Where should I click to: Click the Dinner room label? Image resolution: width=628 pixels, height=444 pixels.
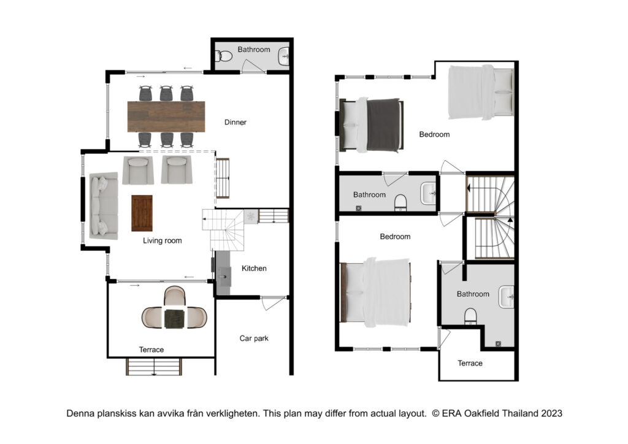tap(235, 122)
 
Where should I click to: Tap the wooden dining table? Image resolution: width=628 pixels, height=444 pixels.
tap(166, 117)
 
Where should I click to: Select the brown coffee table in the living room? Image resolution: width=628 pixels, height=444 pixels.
tap(142, 213)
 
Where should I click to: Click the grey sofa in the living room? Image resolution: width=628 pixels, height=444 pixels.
tap(104, 206)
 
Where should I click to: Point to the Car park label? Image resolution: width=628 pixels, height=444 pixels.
tap(254, 339)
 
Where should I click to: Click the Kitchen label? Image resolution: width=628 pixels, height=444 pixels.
tap(254, 268)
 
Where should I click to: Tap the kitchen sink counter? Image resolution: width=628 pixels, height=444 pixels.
tap(223, 273)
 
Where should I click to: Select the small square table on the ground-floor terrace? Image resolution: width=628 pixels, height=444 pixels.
tap(174, 319)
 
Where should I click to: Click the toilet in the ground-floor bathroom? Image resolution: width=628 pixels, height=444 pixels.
tap(224, 56)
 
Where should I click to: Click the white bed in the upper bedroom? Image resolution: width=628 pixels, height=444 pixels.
tap(481, 93)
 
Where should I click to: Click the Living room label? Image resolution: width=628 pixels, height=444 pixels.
tap(162, 240)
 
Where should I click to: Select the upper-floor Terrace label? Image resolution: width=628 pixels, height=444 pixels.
tap(470, 363)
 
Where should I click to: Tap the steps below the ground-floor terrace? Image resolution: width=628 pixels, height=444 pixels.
tap(154, 367)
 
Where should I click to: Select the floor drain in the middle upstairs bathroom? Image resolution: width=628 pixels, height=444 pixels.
tap(358, 208)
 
